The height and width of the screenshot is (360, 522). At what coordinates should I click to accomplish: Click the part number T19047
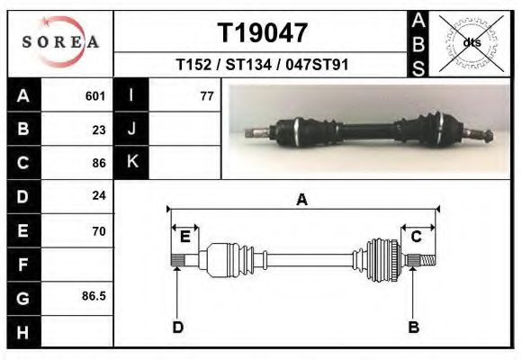[x=263, y=33]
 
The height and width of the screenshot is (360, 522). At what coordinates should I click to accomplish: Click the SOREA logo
[x=60, y=43]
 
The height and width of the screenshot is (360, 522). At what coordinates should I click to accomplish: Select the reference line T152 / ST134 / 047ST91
[x=262, y=65]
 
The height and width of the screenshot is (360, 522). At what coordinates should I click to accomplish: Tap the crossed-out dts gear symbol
[x=472, y=42]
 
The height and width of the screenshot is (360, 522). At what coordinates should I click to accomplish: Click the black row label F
[x=22, y=265]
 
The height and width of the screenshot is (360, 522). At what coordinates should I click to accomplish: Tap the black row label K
[x=131, y=162]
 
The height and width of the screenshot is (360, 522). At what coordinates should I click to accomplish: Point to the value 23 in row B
[x=99, y=130]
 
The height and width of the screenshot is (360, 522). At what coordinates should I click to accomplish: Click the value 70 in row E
[x=99, y=231]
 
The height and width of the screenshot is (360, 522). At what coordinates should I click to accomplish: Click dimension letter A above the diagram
[x=302, y=200]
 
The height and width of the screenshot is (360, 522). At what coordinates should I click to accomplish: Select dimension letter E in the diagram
[x=184, y=237]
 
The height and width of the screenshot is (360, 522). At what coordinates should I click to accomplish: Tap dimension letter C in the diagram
[x=416, y=237]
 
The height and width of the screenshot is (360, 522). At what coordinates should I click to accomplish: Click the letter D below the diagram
[x=178, y=327]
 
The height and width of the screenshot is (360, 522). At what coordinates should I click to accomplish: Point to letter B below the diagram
[x=414, y=327]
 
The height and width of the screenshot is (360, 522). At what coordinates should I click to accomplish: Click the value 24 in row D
[x=99, y=195]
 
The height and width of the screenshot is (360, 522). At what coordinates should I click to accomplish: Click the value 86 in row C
[x=99, y=164]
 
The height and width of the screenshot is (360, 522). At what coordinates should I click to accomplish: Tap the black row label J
[x=131, y=129]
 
